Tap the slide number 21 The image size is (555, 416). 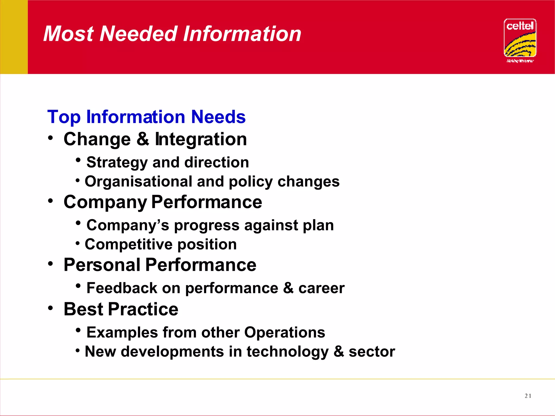528,396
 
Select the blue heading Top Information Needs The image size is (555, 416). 146,117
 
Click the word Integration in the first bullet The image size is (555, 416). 201,139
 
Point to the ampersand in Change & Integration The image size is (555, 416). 143,139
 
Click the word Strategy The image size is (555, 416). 117,162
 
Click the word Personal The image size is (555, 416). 102,265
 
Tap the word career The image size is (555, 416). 321,288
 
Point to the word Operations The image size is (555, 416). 285,332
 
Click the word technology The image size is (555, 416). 288,352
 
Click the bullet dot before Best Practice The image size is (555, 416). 50,308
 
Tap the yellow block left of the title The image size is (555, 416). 14,37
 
